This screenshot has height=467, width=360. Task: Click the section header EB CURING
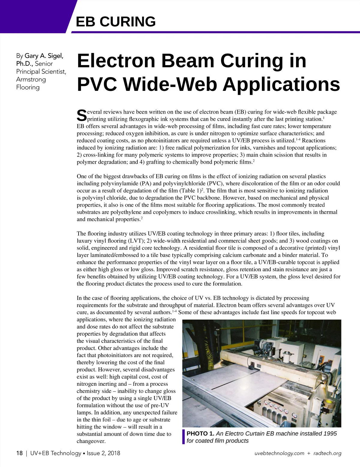tap(116, 22)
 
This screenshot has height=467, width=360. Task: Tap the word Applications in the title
tap(281, 84)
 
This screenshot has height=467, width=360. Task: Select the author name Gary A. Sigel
tap(44, 56)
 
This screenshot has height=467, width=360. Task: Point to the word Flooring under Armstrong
tap(28, 87)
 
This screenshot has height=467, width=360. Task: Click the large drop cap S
tap(81, 115)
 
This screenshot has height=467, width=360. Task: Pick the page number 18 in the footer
tap(19, 453)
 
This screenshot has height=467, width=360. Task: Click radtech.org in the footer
tap(327, 453)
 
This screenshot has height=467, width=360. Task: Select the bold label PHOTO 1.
tap(200, 433)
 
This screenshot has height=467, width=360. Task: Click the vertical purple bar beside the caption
tap(183, 437)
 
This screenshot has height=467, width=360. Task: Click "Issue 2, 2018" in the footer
tap(103, 453)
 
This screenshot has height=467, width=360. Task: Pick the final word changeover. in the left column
tap(91, 441)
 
